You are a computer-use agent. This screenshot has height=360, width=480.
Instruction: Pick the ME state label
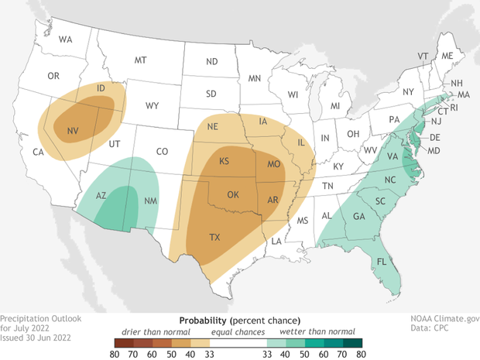tap(447, 56)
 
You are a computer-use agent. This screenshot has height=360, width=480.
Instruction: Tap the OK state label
tap(232, 194)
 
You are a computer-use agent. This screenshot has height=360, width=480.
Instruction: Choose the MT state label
tap(141, 60)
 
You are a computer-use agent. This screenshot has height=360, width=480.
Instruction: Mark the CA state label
tap(37, 152)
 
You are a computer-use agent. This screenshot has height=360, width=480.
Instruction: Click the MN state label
tap(255, 78)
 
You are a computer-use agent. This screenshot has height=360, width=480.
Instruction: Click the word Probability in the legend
tap(203, 320)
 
